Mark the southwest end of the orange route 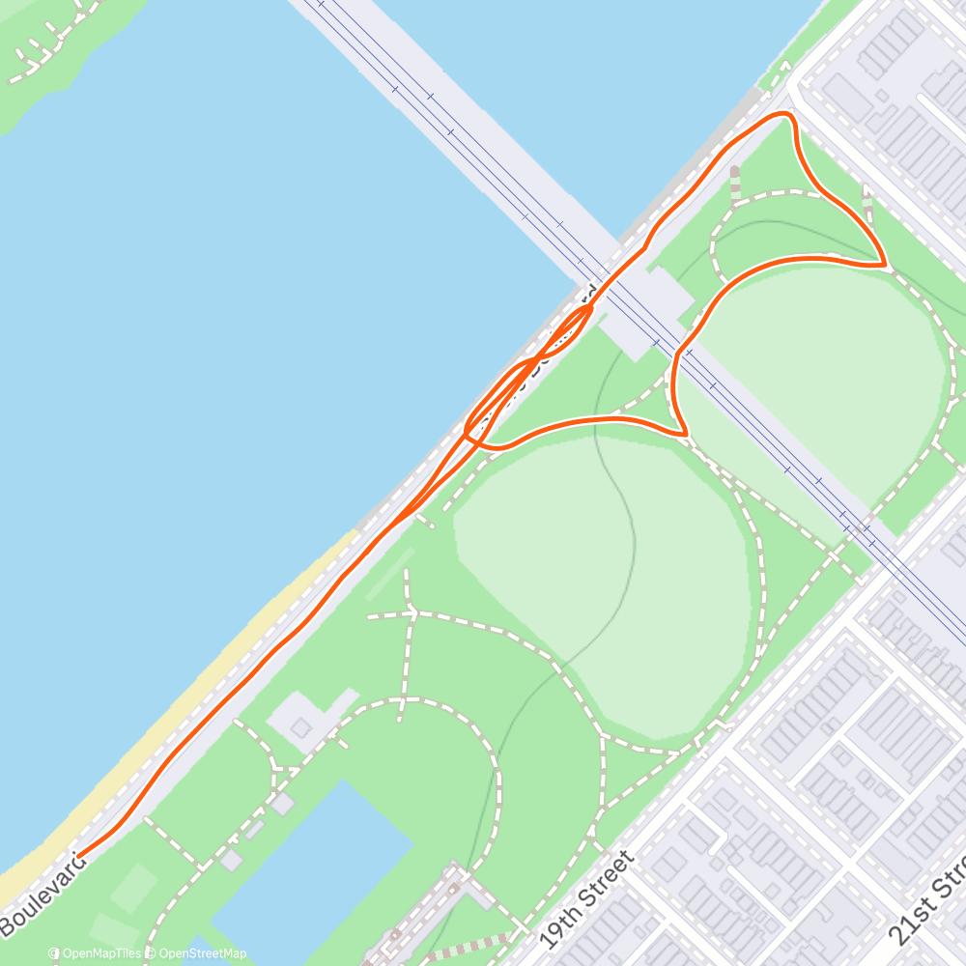[79, 856]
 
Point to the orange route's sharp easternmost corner [884, 263]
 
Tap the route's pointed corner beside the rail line [684, 434]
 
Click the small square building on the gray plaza [302, 725]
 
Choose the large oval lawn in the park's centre [599, 580]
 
